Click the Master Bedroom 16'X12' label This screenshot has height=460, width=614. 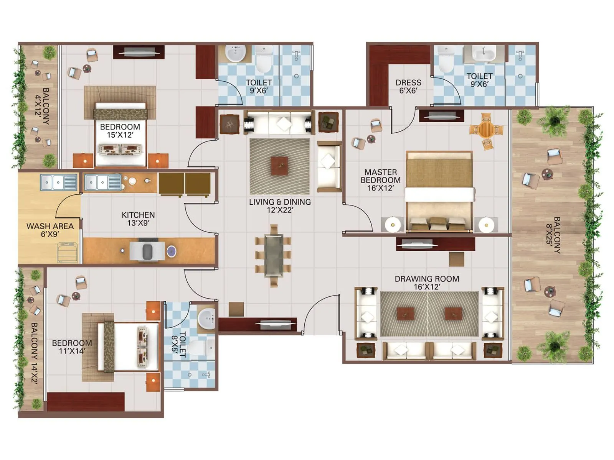(380, 180)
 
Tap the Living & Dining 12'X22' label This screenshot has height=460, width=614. (280, 206)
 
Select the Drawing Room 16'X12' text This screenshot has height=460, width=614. (427, 283)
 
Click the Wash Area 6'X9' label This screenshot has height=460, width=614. (50, 230)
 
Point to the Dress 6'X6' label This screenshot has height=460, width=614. (408, 87)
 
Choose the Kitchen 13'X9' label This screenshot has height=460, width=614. (138, 219)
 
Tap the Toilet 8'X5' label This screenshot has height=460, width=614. (179, 344)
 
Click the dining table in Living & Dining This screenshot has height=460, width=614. (274, 256)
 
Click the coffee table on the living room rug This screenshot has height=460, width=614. (279, 166)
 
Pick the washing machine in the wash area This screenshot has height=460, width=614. (68, 252)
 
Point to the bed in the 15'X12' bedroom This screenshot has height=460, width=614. (120, 134)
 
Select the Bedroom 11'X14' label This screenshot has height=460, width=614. (72, 347)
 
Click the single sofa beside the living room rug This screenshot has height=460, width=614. (329, 166)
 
